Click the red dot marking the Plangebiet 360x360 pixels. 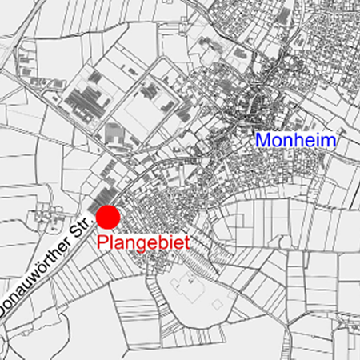pos(108,217)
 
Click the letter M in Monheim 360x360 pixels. pos(263,140)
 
